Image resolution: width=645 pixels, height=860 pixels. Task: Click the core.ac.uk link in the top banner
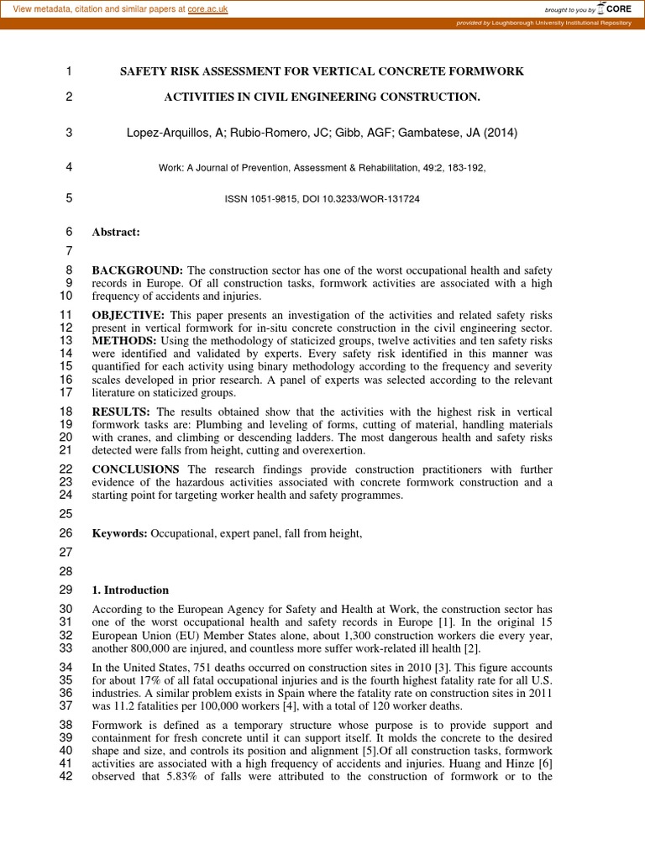pyautogui.click(x=207, y=8)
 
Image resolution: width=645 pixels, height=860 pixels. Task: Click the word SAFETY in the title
pyautogui.click(x=144, y=71)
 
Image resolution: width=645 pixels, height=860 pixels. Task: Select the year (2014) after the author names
pyautogui.click(x=501, y=133)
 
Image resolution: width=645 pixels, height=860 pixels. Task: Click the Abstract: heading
pyautogui.click(x=116, y=232)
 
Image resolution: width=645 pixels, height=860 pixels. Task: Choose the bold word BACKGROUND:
pyautogui.click(x=137, y=270)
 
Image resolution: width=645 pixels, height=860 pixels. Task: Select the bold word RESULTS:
pyautogui.click(x=121, y=412)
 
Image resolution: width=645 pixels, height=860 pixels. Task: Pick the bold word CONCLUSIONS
pyautogui.click(x=135, y=469)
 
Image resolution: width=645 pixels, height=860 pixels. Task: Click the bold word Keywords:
pyautogui.click(x=119, y=533)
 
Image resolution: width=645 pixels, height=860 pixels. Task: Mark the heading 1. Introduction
pyautogui.click(x=130, y=590)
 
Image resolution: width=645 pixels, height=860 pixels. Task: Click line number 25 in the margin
pyautogui.click(x=66, y=513)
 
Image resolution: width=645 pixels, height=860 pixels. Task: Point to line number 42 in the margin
pyautogui.click(x=66, y=776)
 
